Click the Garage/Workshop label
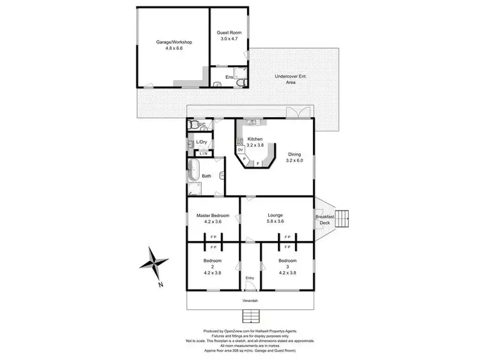[174, 42]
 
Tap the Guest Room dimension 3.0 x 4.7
[228, 38]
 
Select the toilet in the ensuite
[239, 82]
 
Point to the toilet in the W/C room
[193, 125]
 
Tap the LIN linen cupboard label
[204, 154]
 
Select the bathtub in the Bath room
[193, 171]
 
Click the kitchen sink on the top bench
[252, 122]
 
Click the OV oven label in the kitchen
[240, 150]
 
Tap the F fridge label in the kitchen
[258, 163]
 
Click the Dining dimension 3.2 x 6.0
[294, 161]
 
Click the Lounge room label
[276, 215]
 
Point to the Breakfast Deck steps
[344, 218]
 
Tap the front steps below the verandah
[250, 316]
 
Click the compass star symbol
[154, 263]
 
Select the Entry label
[250, 278]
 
